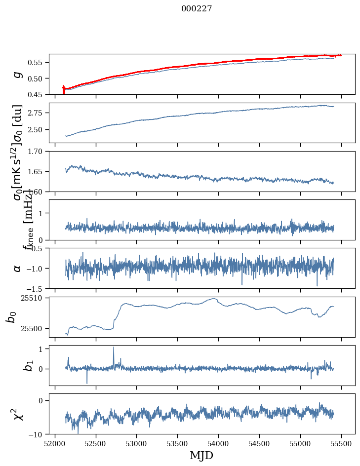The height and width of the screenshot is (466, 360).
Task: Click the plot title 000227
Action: (197, 8)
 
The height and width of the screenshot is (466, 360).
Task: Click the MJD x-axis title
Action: (201, 455)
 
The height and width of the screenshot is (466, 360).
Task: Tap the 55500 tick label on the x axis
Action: (341, 443)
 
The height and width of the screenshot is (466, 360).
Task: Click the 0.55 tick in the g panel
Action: (38, 63)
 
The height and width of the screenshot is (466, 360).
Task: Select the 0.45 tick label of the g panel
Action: (38, 94)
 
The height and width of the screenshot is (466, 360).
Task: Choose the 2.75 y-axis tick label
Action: (38, 113)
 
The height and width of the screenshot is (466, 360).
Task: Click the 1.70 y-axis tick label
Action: (38, 151)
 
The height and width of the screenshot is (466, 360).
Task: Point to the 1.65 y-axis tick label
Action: (38, 171)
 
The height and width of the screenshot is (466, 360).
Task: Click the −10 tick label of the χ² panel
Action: (37, 434)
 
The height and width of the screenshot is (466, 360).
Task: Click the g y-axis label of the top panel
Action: (18, 74)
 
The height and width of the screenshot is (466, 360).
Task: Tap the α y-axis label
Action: (18, 268)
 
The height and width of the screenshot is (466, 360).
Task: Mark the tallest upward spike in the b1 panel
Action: (114, 347)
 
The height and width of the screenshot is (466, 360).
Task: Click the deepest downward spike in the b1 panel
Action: (87, 383)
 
